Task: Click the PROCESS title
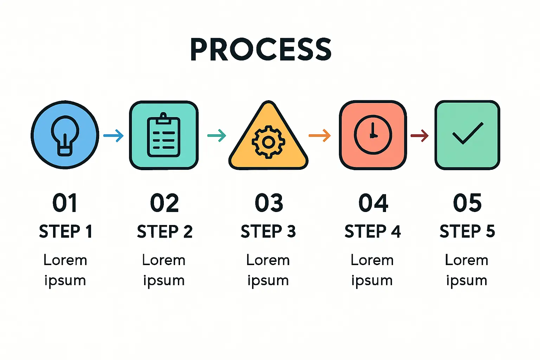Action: (261, 50)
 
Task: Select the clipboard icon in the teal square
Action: (164, 135)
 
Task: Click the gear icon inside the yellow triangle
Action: (268, 142)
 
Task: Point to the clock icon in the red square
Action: (373, 135)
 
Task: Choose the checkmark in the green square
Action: (468, 133)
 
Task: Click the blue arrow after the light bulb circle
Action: (114, 135)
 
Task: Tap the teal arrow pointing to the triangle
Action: (217, 135)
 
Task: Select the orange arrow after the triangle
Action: (320, 135)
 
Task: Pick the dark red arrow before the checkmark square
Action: (420, 135)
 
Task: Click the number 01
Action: (65, 203)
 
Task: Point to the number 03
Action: (269, 203)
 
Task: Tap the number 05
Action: (467, 203)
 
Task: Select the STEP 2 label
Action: (165, 232)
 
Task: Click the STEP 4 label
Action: (373, 232)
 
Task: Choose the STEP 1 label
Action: (65, 232)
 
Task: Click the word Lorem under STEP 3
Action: (268, 261)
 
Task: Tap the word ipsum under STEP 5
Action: (467, 281)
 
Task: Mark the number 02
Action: (164, 203)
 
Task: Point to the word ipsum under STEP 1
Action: (65, 281)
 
